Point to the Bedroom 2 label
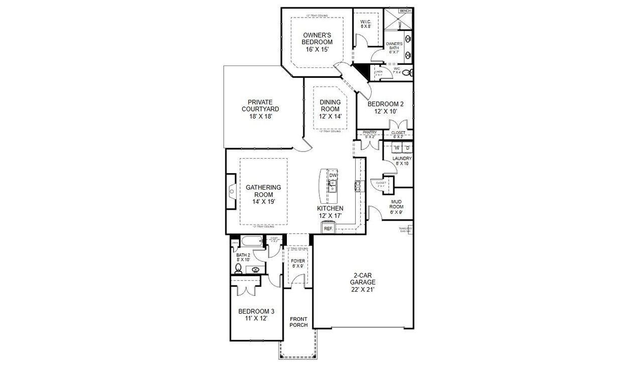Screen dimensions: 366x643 [x=385, y=104]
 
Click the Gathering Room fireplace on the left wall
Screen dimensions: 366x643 [x=231, y=191]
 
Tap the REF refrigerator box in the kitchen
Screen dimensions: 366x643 [x=328, y=228]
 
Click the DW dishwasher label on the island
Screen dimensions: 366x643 [x=333, y=175]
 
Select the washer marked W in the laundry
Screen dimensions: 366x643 [x=397, y=148]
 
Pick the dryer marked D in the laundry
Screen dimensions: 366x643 [x=407, y=148]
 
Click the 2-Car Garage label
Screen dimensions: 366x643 [x=363, y=282]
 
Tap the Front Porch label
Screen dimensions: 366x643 [x=298, y=321]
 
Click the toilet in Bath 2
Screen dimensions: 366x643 [x=239, y=270]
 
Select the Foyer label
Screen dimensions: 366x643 [x=298, y=261]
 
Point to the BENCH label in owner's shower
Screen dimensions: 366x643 [x=405, y=11]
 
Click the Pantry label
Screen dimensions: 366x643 [x=370, y=133]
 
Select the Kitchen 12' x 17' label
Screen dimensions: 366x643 [x=330, y=212]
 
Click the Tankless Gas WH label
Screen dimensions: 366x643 [x=405, y=230]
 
